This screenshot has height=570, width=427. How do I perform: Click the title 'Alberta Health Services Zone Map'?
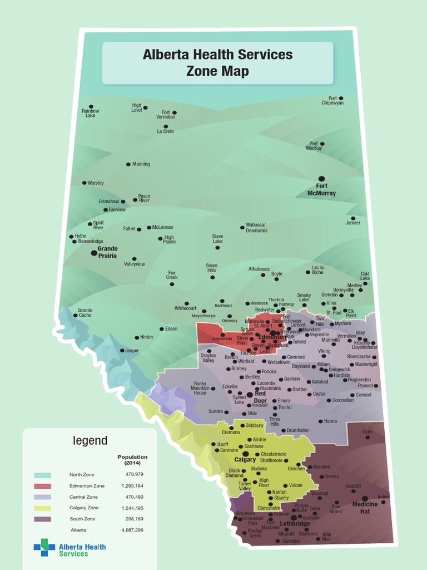click(x=217, y=62)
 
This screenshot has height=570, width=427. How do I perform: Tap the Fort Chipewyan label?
click(x=332, y=101)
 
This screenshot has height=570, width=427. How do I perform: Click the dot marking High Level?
click(x=145, y=108)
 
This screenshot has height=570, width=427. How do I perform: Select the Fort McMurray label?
click(x=321, y=190)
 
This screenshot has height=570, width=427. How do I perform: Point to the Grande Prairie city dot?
click(x=94, y=253)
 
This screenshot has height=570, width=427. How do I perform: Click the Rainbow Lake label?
click(x=90, y=113)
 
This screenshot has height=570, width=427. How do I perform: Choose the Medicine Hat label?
click(x=365, y=508)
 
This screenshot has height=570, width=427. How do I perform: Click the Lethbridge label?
click(x=295, y=524)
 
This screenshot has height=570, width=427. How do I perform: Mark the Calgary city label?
click(x=245, y=460)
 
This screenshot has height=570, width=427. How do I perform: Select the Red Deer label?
click(x=260, y=397)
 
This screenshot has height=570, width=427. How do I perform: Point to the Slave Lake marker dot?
click(x=217, y=247)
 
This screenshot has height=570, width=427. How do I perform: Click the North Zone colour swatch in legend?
click(x=43, y=475)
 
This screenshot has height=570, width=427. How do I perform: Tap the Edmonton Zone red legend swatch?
click(x=43, y=486)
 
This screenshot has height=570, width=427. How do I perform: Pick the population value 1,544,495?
click(x=132, y=508)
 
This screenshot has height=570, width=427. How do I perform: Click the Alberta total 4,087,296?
click(x=132, y=530)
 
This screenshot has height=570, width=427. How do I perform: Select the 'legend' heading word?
click(x=91, y=441)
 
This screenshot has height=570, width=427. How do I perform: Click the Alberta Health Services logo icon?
click(x=44, y=547)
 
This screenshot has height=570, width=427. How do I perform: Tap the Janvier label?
click(x=353, y=223)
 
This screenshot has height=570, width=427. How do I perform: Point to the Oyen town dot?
click(x=368, y=438)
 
